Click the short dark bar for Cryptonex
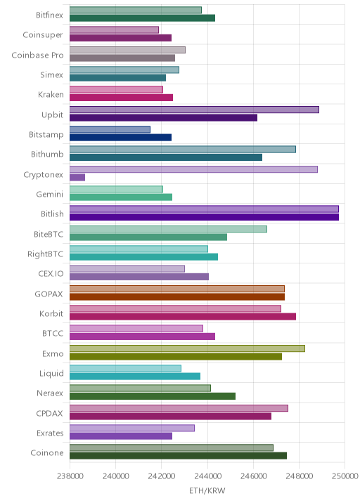coord(77,178)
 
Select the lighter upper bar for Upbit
coord(194,110)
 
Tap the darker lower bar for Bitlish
coord(204,217)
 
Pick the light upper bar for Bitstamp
coord(110,129)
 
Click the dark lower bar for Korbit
coord(183,317)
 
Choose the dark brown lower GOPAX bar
coord(177,296)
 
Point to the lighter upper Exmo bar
coord(187,348)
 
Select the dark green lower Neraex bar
coord(153,396)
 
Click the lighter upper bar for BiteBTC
coord(168,229)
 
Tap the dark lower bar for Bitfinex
coord(142,18)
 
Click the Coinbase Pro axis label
coord(37,55)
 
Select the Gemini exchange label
coord(50,195)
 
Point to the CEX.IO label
coord(51,274)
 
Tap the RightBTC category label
coord(45,254)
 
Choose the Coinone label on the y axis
coord(47,453)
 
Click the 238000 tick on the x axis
coord(70,476)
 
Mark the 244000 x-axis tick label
coord(207,476)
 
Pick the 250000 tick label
coord(345,476)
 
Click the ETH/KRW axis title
coord(207,491)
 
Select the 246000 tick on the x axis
coord(253,476)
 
